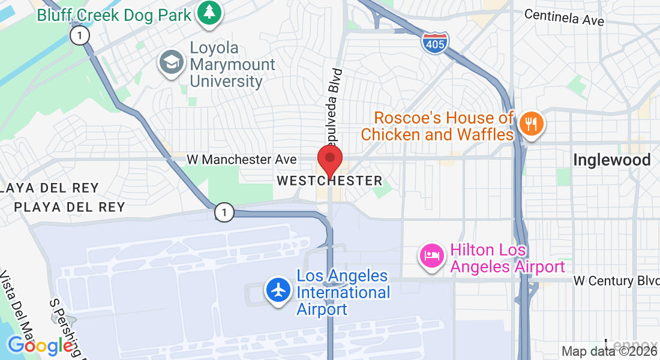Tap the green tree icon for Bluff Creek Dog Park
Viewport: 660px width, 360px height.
coord(209,13)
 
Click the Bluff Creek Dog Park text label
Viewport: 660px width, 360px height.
coord(115,14)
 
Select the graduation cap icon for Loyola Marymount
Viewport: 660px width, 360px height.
coord(172,62)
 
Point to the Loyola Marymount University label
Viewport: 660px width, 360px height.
coord(232,65)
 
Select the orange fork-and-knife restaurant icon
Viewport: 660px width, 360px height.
coord(531,124)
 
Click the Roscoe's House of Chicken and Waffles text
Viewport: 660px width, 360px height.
coord(437,126)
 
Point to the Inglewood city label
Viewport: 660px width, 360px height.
coord(611,160)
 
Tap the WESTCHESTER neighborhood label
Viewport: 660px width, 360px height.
coord(329,181)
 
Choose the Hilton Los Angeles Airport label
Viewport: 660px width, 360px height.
coord(508,258)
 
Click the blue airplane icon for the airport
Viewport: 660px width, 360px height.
coord(278,290)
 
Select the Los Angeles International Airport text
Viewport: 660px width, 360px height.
coord(343,293)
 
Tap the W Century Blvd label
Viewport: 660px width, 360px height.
coord(612,281)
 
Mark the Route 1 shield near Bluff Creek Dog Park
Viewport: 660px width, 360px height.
coord(79,35)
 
